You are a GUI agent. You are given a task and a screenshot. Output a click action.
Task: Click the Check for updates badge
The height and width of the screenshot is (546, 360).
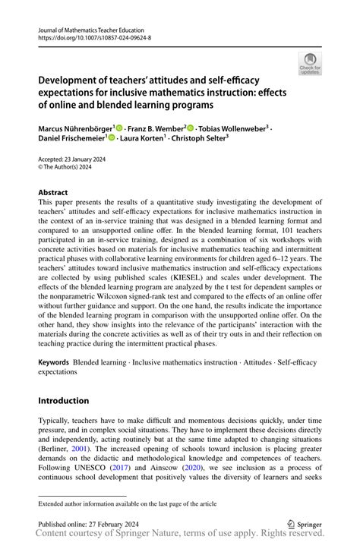310,64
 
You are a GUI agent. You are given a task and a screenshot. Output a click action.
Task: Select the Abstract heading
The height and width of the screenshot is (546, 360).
53,193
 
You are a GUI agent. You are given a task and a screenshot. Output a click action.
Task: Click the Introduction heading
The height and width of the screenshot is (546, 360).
64,400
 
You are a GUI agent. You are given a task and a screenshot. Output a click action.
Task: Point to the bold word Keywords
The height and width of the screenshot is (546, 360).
53,363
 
